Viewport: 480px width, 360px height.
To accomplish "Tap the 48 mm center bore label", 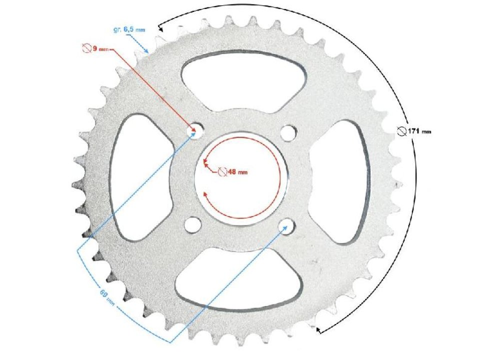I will [237, 172].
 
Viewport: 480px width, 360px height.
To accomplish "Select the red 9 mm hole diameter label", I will [97, 49].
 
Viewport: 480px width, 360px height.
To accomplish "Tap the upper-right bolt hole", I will [287, 132].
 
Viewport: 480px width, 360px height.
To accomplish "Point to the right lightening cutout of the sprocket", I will [338, 181].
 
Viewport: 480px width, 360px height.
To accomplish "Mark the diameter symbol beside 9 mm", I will [85, 49].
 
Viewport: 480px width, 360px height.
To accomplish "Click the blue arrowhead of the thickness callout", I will [147, 51].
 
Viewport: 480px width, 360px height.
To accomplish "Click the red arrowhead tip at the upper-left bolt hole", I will [193, 131].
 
